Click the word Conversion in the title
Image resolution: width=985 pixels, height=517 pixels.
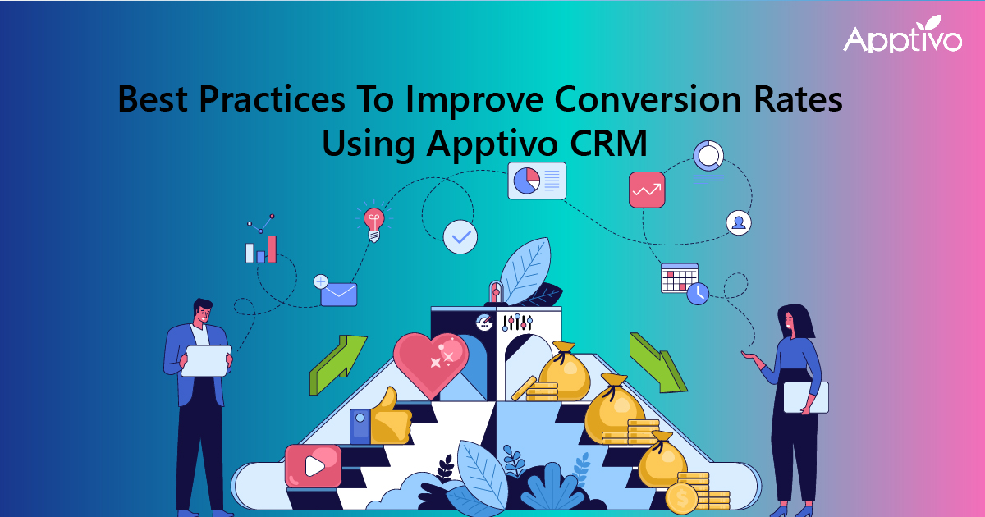(648, 99)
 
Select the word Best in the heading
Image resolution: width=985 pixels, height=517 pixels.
(153, 99)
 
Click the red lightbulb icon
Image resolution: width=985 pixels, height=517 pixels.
(374, 224)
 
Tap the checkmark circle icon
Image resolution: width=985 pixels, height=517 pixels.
(460, 237)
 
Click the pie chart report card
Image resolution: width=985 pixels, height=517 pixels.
(537, 181)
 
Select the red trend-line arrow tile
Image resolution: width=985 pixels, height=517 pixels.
(647, 190)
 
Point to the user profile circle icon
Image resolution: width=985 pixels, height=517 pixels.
(739, 222)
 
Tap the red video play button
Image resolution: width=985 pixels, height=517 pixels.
(313, 465)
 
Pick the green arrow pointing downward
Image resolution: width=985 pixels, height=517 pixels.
(657, 363)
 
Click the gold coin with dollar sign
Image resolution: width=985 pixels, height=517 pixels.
(681, 499)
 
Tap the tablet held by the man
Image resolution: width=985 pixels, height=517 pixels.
(207, 360)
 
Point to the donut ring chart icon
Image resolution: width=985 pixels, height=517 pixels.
(708, 155)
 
